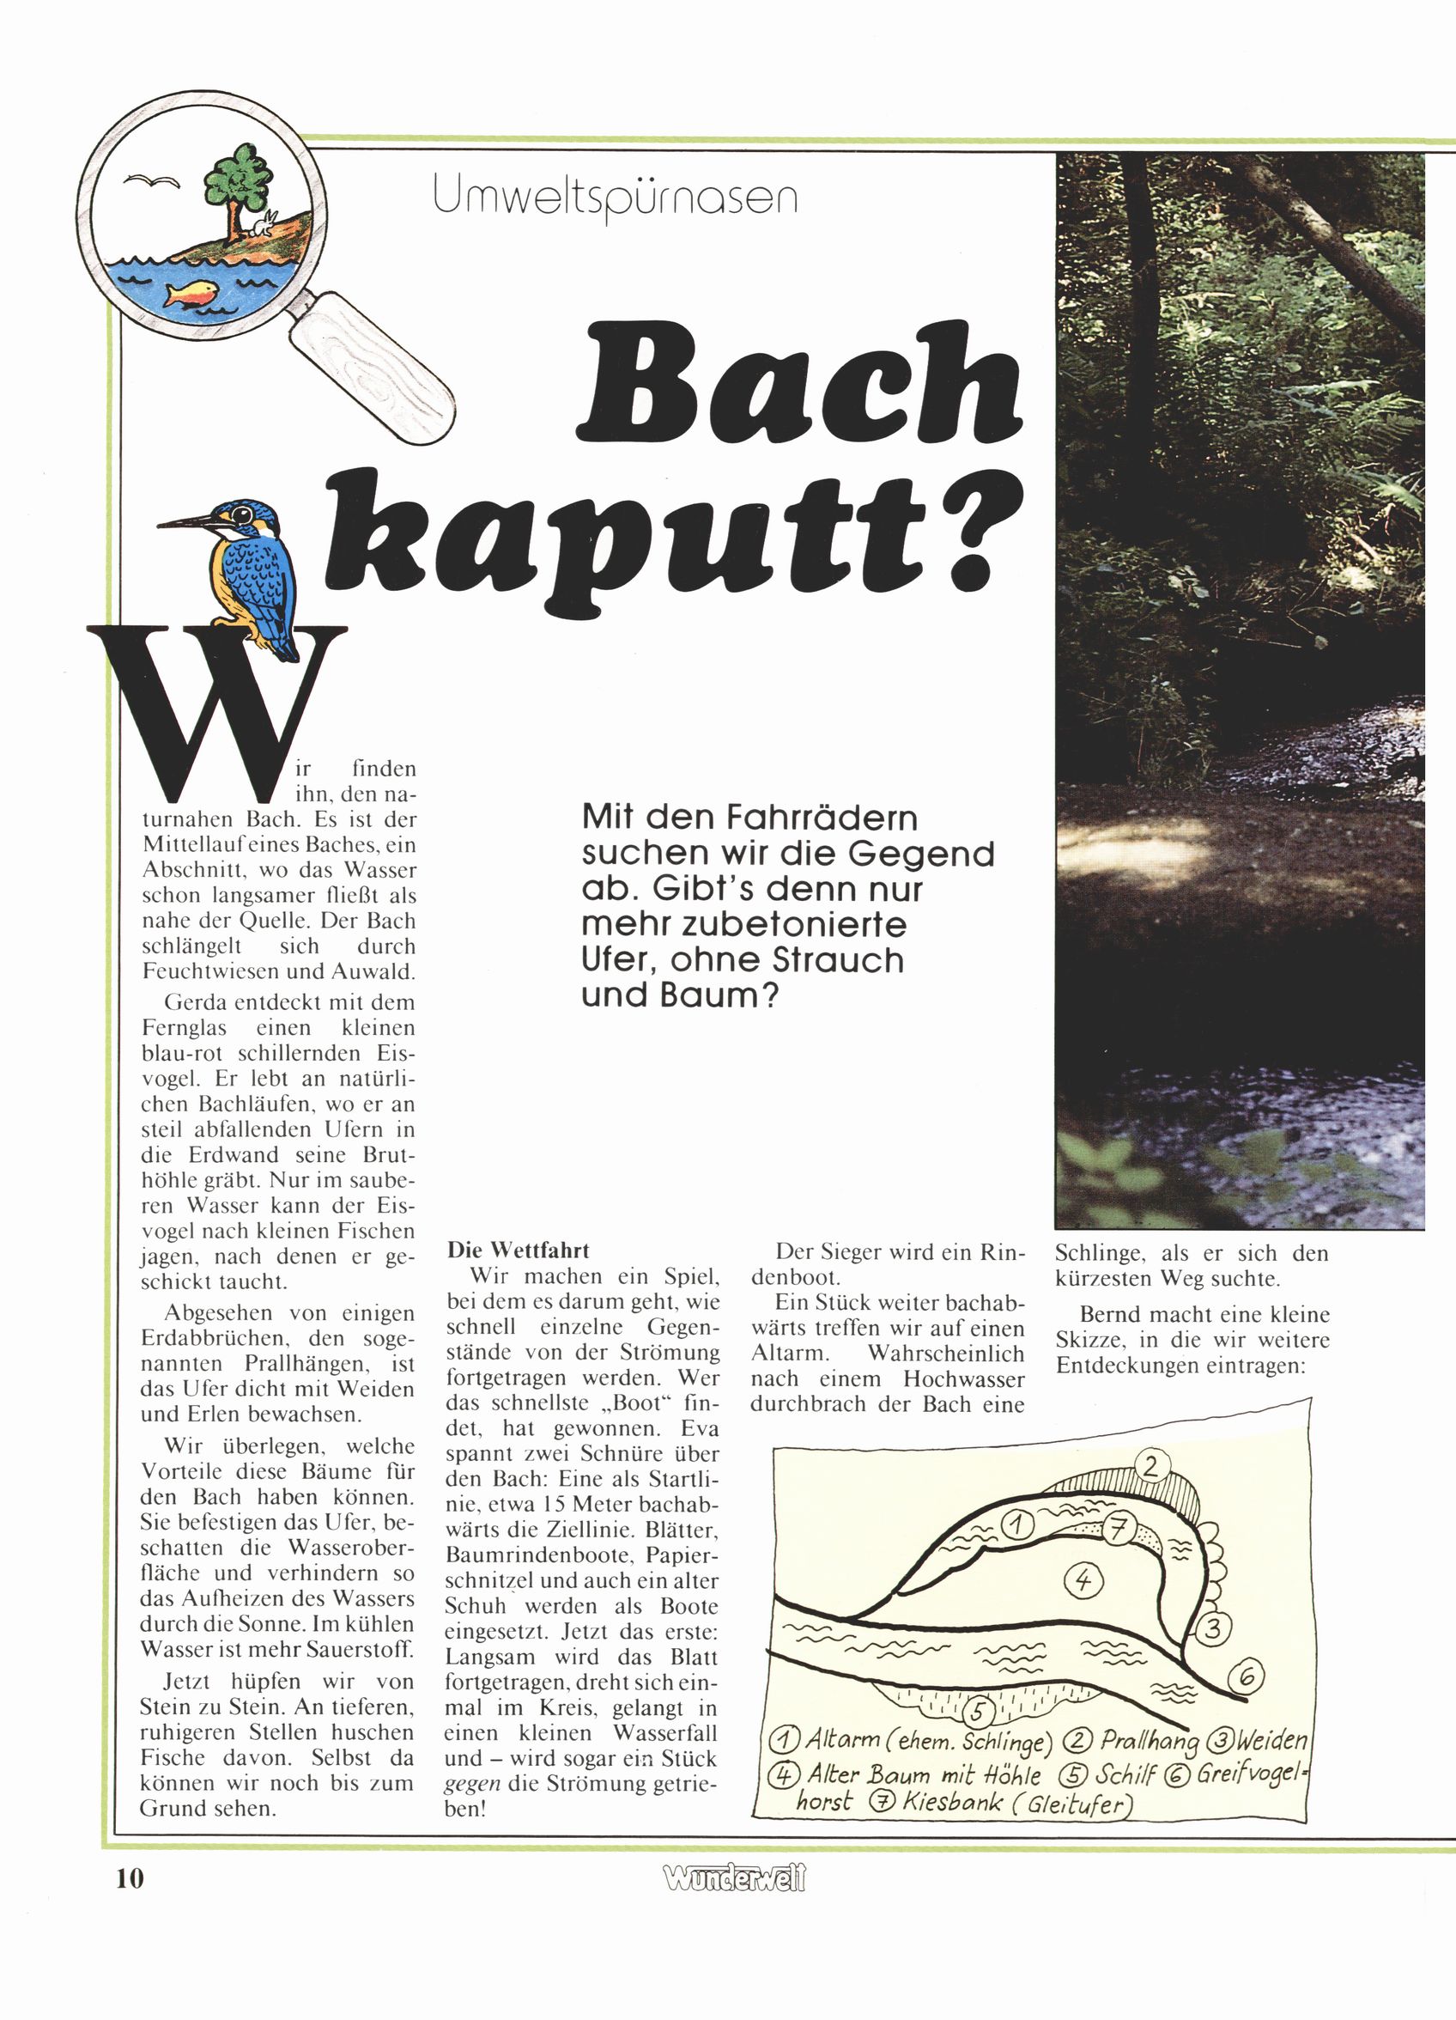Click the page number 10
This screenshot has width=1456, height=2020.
pos(129,1878)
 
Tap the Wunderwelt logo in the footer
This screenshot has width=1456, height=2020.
pos(734,1878)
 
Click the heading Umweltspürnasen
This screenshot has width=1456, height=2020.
pos(615,197)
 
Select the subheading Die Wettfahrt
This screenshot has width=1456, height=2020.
pos(518,1250)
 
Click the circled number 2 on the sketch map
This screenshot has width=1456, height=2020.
pos(1151,1466)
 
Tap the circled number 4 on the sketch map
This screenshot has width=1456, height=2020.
pos(1083,1581)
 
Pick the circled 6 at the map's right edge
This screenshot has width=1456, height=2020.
pos(1247,1678)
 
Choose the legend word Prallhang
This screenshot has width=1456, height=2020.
pos(1150,1740)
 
